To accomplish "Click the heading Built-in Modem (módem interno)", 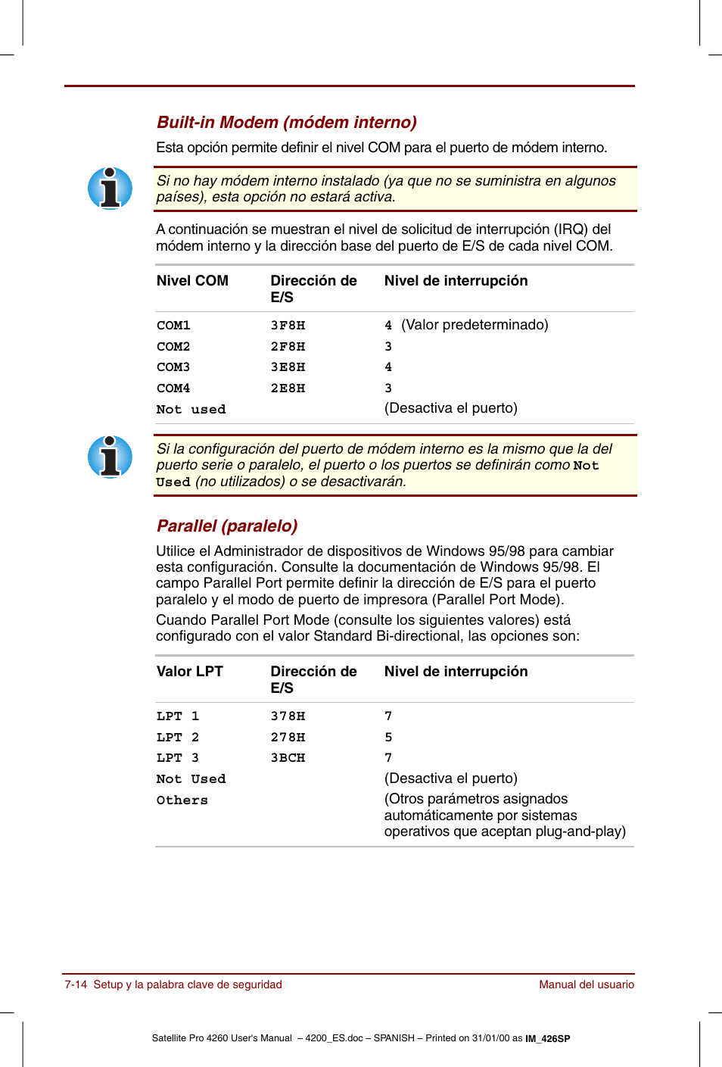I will coord(286,123).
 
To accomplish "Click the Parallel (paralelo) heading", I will coord(227,526).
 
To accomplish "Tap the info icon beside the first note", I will coord(110,189).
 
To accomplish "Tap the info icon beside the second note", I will coord(110,457).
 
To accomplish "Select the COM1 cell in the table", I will coord(173,326).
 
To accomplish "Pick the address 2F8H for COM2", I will coord(288,347).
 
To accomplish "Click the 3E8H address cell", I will coord(288,367).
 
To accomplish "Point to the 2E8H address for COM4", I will coord(288,388).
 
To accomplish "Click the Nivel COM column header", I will coord(192,281).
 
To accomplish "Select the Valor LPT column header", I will coord(189,672).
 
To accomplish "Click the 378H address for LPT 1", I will coord(288,716).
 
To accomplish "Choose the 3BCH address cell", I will coord(288,758).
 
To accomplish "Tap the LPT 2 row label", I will coord(177,738).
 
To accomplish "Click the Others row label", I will coord(182,800).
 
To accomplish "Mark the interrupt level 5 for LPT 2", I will coord(388,738).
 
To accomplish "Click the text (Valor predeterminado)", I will coord(475,325).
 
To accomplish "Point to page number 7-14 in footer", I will coord(76,984).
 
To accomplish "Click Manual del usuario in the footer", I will coord(587,984).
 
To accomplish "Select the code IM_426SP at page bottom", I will coord(548,1039).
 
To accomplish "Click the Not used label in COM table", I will coord(191,410).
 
